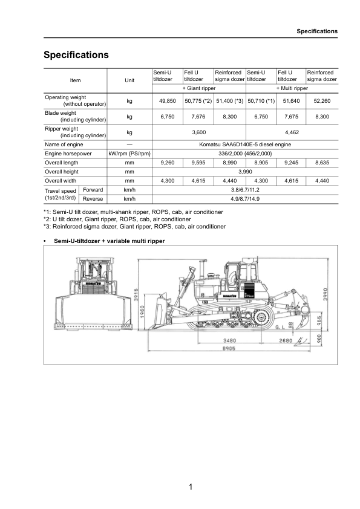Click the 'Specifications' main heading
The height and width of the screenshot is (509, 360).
(76, 55)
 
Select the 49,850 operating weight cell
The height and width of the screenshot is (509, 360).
(167, 101)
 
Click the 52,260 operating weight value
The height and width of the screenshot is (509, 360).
(322, 101)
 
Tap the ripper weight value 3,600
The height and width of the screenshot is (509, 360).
(198, 132)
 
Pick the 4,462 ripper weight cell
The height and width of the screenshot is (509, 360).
(292, 132)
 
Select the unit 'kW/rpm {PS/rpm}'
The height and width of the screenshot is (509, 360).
(129, 154)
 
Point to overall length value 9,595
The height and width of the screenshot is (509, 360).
(198, 163)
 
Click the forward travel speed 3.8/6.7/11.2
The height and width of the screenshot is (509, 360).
(245, 189)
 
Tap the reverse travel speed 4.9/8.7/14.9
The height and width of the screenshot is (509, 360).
(245, 198)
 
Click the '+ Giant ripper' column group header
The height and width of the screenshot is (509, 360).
(198, 88)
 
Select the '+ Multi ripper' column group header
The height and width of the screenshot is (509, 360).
(292, 88)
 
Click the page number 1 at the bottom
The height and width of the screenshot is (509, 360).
(190, 487)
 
